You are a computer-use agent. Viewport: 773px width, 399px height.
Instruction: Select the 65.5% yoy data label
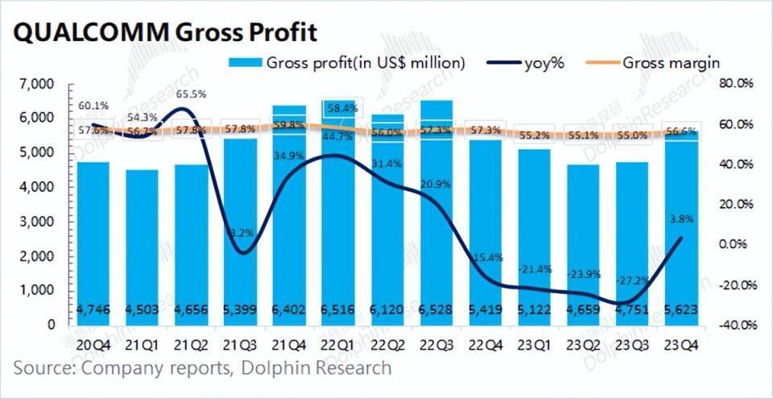click(190, 94)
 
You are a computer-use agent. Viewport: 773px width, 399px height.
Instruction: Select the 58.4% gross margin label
click(346, 107)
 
